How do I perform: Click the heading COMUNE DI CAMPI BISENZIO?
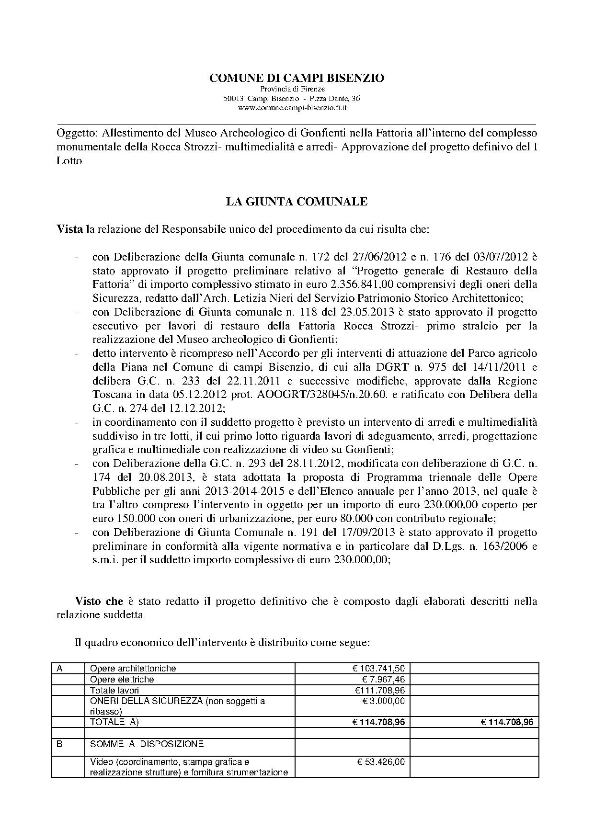click(297, 78)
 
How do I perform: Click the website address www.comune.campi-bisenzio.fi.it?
click(292, 108)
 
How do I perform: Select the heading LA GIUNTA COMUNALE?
click(297, 202)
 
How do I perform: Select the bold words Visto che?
click(99, 601)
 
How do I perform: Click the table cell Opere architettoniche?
click(133, 669)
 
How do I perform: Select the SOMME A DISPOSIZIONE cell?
click(147, 744)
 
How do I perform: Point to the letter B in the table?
click(60, 744)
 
